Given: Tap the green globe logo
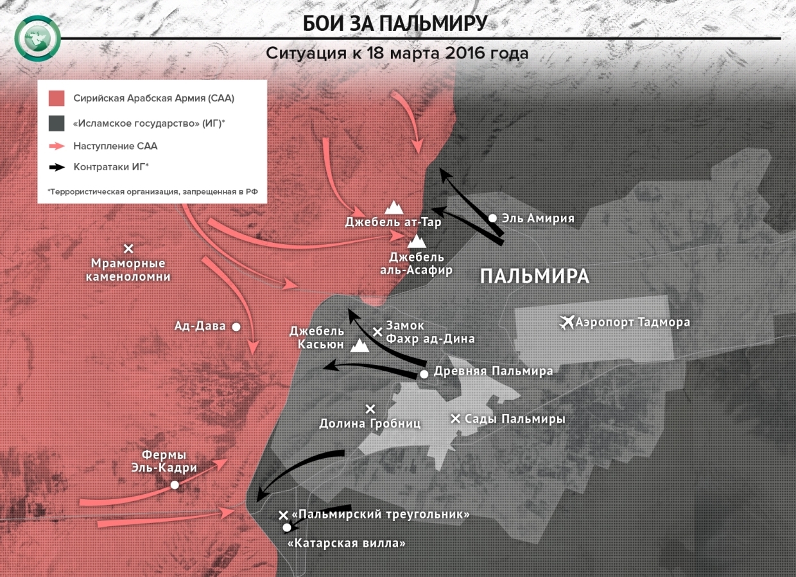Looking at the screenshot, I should pos(38,39).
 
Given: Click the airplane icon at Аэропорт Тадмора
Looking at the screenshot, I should pos(567,322).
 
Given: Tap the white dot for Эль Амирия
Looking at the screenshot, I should pos(492,218).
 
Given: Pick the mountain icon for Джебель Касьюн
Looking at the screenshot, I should pos(360,346).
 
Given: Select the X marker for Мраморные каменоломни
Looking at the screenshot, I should pos(128,249).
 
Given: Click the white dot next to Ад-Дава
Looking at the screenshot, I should pos(236,326).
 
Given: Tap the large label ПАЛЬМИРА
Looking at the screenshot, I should pos(534,276).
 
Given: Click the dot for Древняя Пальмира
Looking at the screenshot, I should pos(424,374).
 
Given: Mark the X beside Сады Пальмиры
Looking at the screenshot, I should pos(456,419).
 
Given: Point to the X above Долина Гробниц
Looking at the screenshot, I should pos(370,409).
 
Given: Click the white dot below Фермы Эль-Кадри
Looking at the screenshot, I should pos(175,485).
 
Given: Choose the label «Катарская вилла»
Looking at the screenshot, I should pos(347,543).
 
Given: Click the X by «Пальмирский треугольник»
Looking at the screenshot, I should pos(283,515).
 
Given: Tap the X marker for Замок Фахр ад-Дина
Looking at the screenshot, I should pos(378,332).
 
